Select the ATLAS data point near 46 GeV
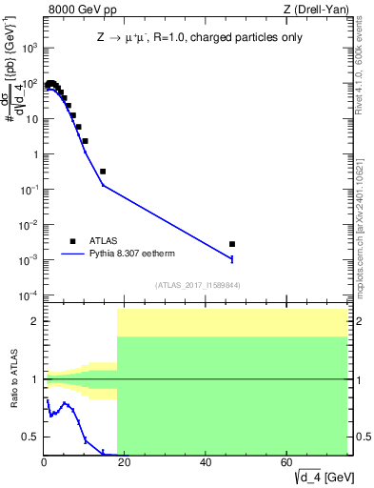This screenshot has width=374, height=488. [x=232, y=244]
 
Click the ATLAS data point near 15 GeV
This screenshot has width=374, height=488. [x=103, y=172]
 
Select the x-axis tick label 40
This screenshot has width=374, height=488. [x=206, y=462]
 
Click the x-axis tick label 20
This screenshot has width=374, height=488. [x=125, y=462]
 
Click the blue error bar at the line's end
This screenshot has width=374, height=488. [x=232, y=258]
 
